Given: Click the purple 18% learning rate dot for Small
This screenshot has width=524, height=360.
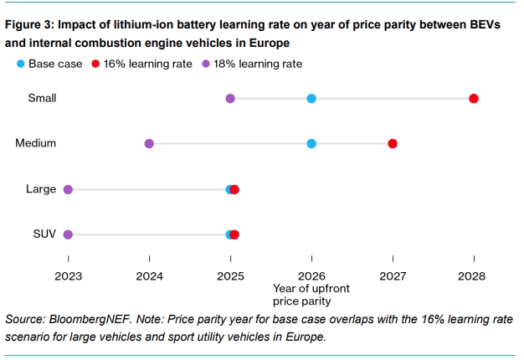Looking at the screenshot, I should (x=230, y=99).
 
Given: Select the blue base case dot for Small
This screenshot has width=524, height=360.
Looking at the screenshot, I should (x=311, y=99).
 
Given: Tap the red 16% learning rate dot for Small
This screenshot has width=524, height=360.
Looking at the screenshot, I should (x=474, y=99).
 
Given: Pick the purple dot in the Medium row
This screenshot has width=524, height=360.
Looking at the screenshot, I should (x=149, y=144).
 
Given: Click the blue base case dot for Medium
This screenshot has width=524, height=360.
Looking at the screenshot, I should (x=311, y=144).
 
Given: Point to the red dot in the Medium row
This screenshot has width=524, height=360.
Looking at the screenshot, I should (x=393, y=144).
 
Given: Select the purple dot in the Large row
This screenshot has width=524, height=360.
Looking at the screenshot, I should (x=68, y=189).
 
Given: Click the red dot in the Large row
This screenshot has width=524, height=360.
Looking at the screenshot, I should (x=234, y=189).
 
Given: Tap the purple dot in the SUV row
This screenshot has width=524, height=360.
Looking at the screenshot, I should (x=68, y=234).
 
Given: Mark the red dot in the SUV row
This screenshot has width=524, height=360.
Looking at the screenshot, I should (x=234, y=234).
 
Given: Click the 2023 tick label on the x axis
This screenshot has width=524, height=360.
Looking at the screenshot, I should (x=69, y=274).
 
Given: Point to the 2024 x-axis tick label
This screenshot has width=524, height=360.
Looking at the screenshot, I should (x=149, y=274).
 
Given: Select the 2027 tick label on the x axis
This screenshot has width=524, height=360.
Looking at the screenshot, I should (x=393, y=274).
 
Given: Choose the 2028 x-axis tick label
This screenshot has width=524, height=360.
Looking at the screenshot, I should (x=473, y=274).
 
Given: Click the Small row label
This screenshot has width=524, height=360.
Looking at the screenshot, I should (x=42, y=99).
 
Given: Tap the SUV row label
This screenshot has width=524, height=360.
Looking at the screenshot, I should (x=44, y=234).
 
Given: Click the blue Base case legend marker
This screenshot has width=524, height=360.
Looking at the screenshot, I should (x=21, y=64).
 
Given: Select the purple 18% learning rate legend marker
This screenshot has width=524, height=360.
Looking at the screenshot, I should (x=206, y=64).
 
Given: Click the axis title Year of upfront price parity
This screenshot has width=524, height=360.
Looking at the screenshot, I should (x=311, y=295).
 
